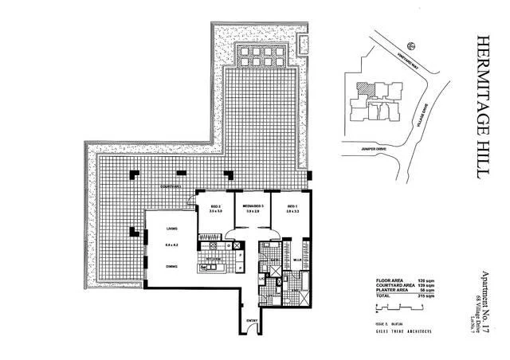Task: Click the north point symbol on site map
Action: click(410, 46)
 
